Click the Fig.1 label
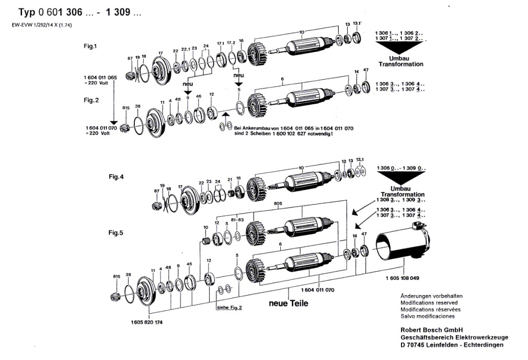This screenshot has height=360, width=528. click(90, 46)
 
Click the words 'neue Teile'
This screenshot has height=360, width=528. click(289, 303)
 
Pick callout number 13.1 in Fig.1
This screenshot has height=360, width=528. click(357, 24)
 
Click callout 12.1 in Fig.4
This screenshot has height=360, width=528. click(359, 159)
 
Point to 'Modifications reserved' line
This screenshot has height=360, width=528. click(429, 303)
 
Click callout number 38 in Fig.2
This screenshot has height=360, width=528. click(137, 106)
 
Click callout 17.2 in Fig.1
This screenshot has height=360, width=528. click(231, 42)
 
